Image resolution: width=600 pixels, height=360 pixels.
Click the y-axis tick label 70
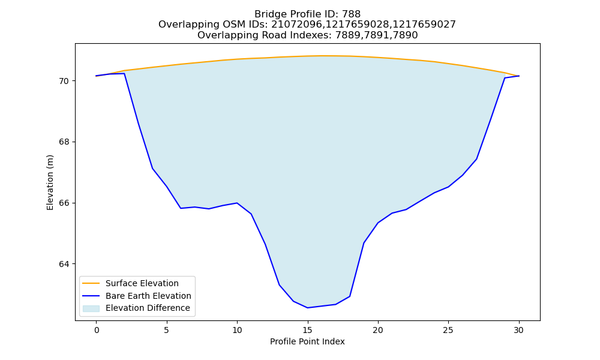point(64,81)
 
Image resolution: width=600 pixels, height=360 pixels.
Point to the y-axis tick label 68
point(64,142)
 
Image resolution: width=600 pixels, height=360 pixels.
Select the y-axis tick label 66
point(64,203)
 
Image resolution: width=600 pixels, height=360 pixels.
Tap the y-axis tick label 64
point(64,264)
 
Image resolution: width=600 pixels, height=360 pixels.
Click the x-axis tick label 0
point(97,330)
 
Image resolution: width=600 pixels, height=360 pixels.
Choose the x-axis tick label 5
point(166,330)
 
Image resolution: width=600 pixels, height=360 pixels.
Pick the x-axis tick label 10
point(237,330)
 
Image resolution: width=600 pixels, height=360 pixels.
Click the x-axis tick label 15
point(307,330)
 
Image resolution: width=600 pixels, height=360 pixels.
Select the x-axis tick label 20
point(377,330)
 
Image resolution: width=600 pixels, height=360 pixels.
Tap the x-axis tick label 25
point(448,330)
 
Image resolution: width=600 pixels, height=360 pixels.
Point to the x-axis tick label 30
point(518,330)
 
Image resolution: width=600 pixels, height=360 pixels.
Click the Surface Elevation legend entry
point(130,283)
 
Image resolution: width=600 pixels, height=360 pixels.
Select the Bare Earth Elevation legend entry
point(137,296)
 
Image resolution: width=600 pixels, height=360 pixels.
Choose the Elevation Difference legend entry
point(136,308)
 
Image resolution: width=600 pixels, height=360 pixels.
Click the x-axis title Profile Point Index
point(307,341)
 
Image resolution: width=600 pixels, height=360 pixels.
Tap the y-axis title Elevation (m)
point(50,182)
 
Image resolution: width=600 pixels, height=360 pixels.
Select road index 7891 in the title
point(377,35)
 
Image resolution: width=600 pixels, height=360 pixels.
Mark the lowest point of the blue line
point(307,308)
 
